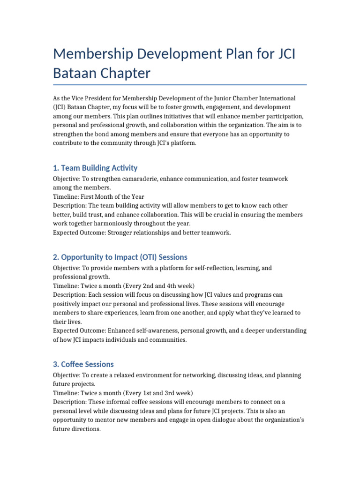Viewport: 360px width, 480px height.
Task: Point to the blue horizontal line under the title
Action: pyautogui.click(x=180, y=85)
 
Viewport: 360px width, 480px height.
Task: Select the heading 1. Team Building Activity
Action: pyautogui.click(x=95, y=168)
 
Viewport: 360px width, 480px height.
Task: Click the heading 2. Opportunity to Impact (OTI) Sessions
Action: pyautogui.click(x=120, y=257)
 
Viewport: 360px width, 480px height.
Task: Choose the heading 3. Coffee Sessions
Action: pyautogui.click(x=83, y=364)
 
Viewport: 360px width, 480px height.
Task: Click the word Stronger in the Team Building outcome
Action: pyautogui.click(x=117, y=232)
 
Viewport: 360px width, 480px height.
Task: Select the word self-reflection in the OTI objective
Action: pyautogui.click(x=201, y=268)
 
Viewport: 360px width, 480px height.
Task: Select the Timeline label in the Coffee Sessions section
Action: pyautogui.click(x=66, y=393)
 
